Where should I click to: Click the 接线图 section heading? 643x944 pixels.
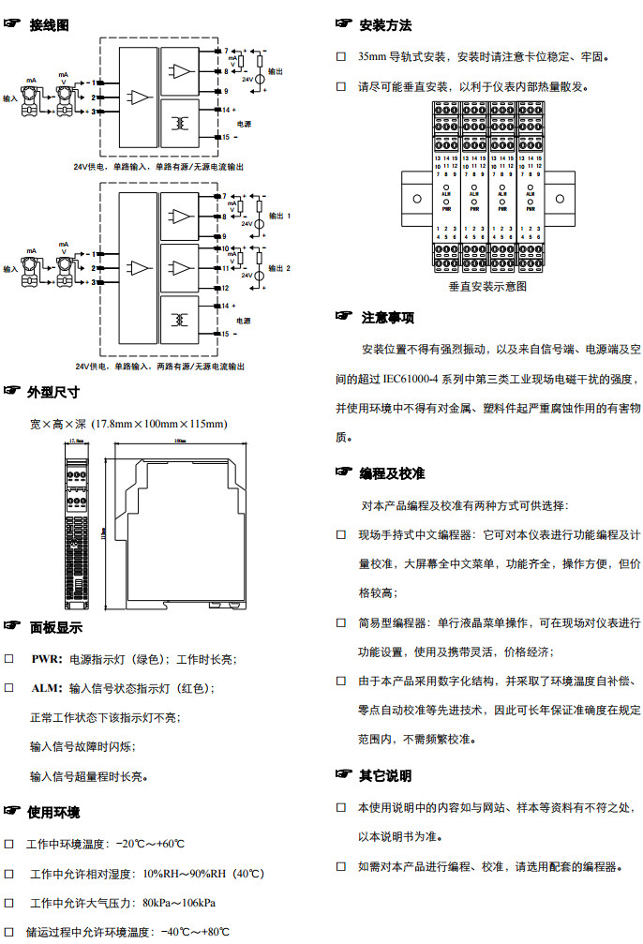pos(49,26)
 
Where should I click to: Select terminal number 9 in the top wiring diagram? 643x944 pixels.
pos(226,91)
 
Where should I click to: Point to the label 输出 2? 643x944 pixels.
pos(280,268)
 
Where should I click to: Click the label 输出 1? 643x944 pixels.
pos(280,216)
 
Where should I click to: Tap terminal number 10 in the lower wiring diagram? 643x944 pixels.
pos(227,249)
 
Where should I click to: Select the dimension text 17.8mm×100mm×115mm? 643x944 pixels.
pos(160,425)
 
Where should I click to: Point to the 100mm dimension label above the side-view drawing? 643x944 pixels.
pos(179,440)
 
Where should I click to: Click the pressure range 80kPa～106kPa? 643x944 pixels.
pos(179,903)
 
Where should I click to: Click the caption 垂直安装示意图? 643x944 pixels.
pos(487,286)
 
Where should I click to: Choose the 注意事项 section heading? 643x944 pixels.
pos(387,318)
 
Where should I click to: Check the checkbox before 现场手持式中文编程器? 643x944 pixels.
pos(341,534)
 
